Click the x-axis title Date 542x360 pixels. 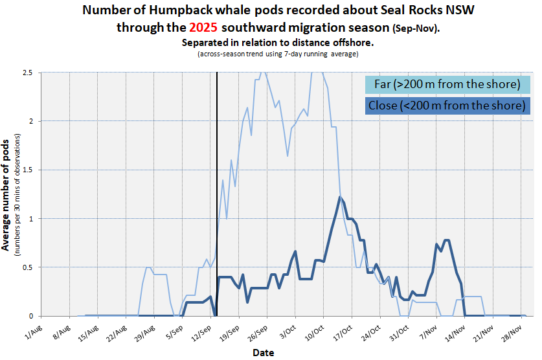pyautogui.click(x=263, y=353)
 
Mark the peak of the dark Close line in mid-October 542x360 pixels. pyautogui.click(x=340, y=197)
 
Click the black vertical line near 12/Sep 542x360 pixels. pyautogui.click(x=216, y=194)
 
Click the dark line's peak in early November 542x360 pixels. pyautogui.click(x=446, y=240)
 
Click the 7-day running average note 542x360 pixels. pyautogui.click(x=278, y=54)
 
